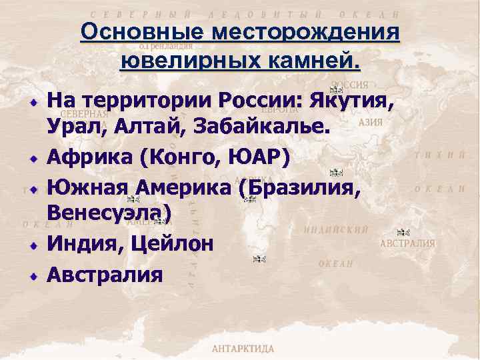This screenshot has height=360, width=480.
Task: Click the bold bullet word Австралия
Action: pos(105,274)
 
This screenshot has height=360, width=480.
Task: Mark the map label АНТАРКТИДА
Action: pos(243,349)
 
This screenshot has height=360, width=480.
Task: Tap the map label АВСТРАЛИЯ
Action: pos(407,244)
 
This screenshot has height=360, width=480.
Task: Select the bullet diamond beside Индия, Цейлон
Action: pos(31,244)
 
